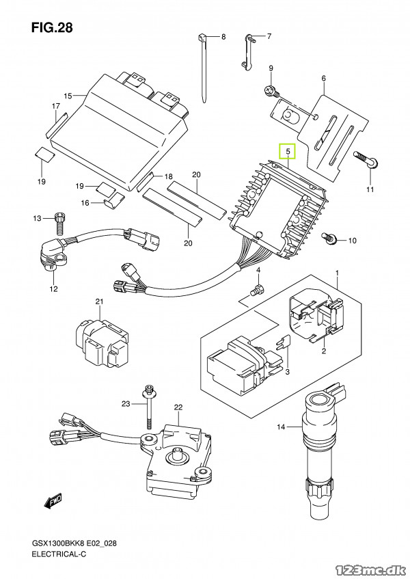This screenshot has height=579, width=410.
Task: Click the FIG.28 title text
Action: click(52, 28)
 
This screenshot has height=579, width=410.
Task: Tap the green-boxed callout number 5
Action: click(288, 151)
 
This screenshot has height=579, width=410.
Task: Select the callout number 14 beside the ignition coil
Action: click(282, 427)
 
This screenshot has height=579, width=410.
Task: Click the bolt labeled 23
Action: click(150, 408)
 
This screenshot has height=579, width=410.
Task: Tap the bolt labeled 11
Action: click(366, 159)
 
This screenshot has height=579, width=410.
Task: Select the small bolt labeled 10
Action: click(328, 238)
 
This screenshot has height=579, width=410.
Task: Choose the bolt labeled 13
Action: click(59, 224)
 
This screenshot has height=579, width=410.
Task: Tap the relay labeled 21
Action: click(102, 343)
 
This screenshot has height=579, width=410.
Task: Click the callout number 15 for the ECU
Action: click(68, 96)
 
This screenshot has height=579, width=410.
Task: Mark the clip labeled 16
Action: click(113, 200)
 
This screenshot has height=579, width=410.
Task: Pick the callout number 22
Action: click(178, 407)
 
